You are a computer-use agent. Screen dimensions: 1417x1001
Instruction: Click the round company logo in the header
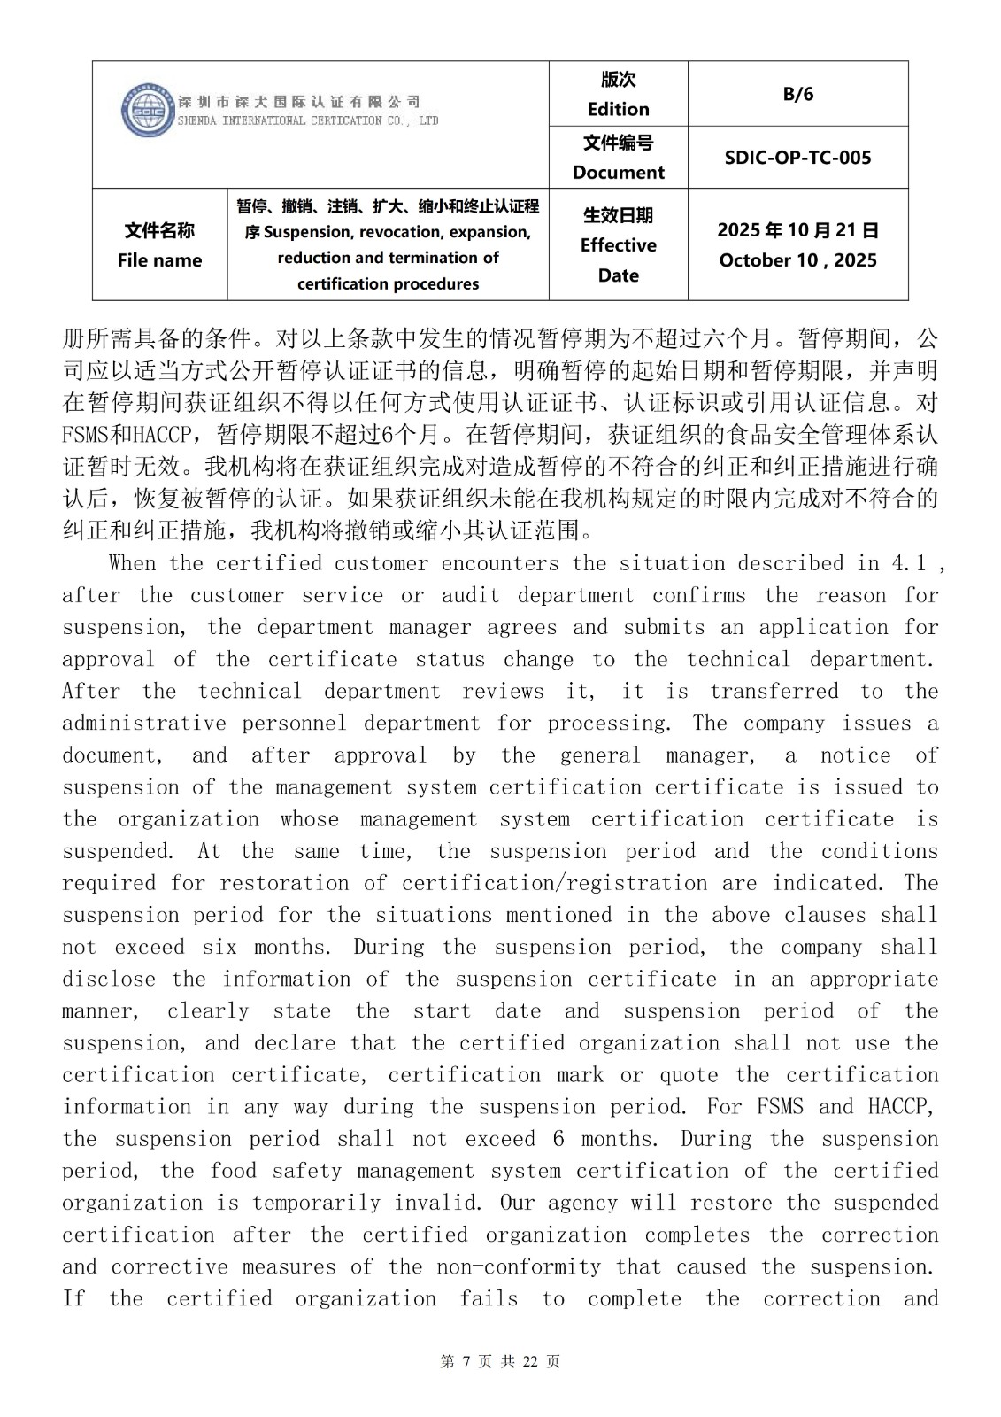pyautogui.click(x=148, y=111)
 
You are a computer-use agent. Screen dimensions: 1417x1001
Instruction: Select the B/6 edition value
pyautogui.click(x=797, y=94)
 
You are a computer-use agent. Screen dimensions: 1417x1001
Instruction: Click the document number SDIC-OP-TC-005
pyautogui.click(x=797, y=158)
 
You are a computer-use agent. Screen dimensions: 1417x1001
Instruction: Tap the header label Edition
pyautogui.click(x=618, y=109)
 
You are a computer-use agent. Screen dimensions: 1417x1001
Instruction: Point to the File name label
pyautogui.click(x=159, y=260)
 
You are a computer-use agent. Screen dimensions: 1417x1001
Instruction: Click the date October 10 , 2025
pyautogui.click(x=797, y=260)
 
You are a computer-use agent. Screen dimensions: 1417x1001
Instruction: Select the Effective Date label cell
pyautogui.click(x=618, y=245)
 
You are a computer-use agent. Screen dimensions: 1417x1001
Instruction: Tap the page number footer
pyautogui.click(x=500, y=1361)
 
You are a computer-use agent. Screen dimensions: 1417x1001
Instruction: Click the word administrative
pyautogui.click(x=144, y=723)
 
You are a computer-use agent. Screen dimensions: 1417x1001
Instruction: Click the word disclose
pyautogui.click(x=109, y=979)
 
